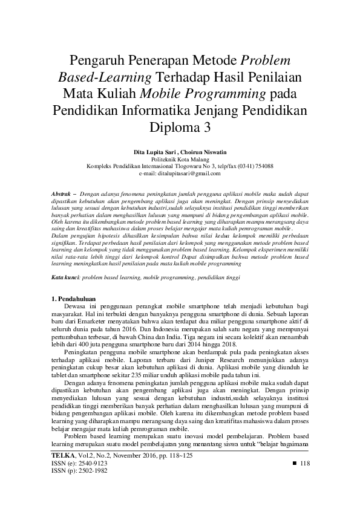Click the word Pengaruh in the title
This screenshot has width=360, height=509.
[97, 61]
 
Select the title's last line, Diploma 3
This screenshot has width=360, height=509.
[180, 128]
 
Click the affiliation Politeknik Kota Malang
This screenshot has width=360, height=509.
[180, 158]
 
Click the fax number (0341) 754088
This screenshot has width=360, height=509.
[254, 166]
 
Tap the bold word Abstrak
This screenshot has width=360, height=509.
[60, 193]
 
